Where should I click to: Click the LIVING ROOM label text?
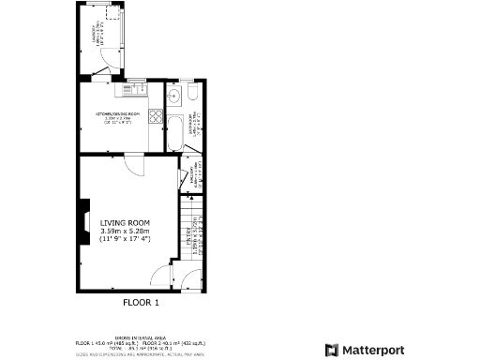[x=126, y=222]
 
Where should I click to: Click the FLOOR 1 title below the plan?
[x=142, y=303]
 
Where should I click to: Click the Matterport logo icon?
[x=331, y=350]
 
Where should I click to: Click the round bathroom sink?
[x=173, y=95]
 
